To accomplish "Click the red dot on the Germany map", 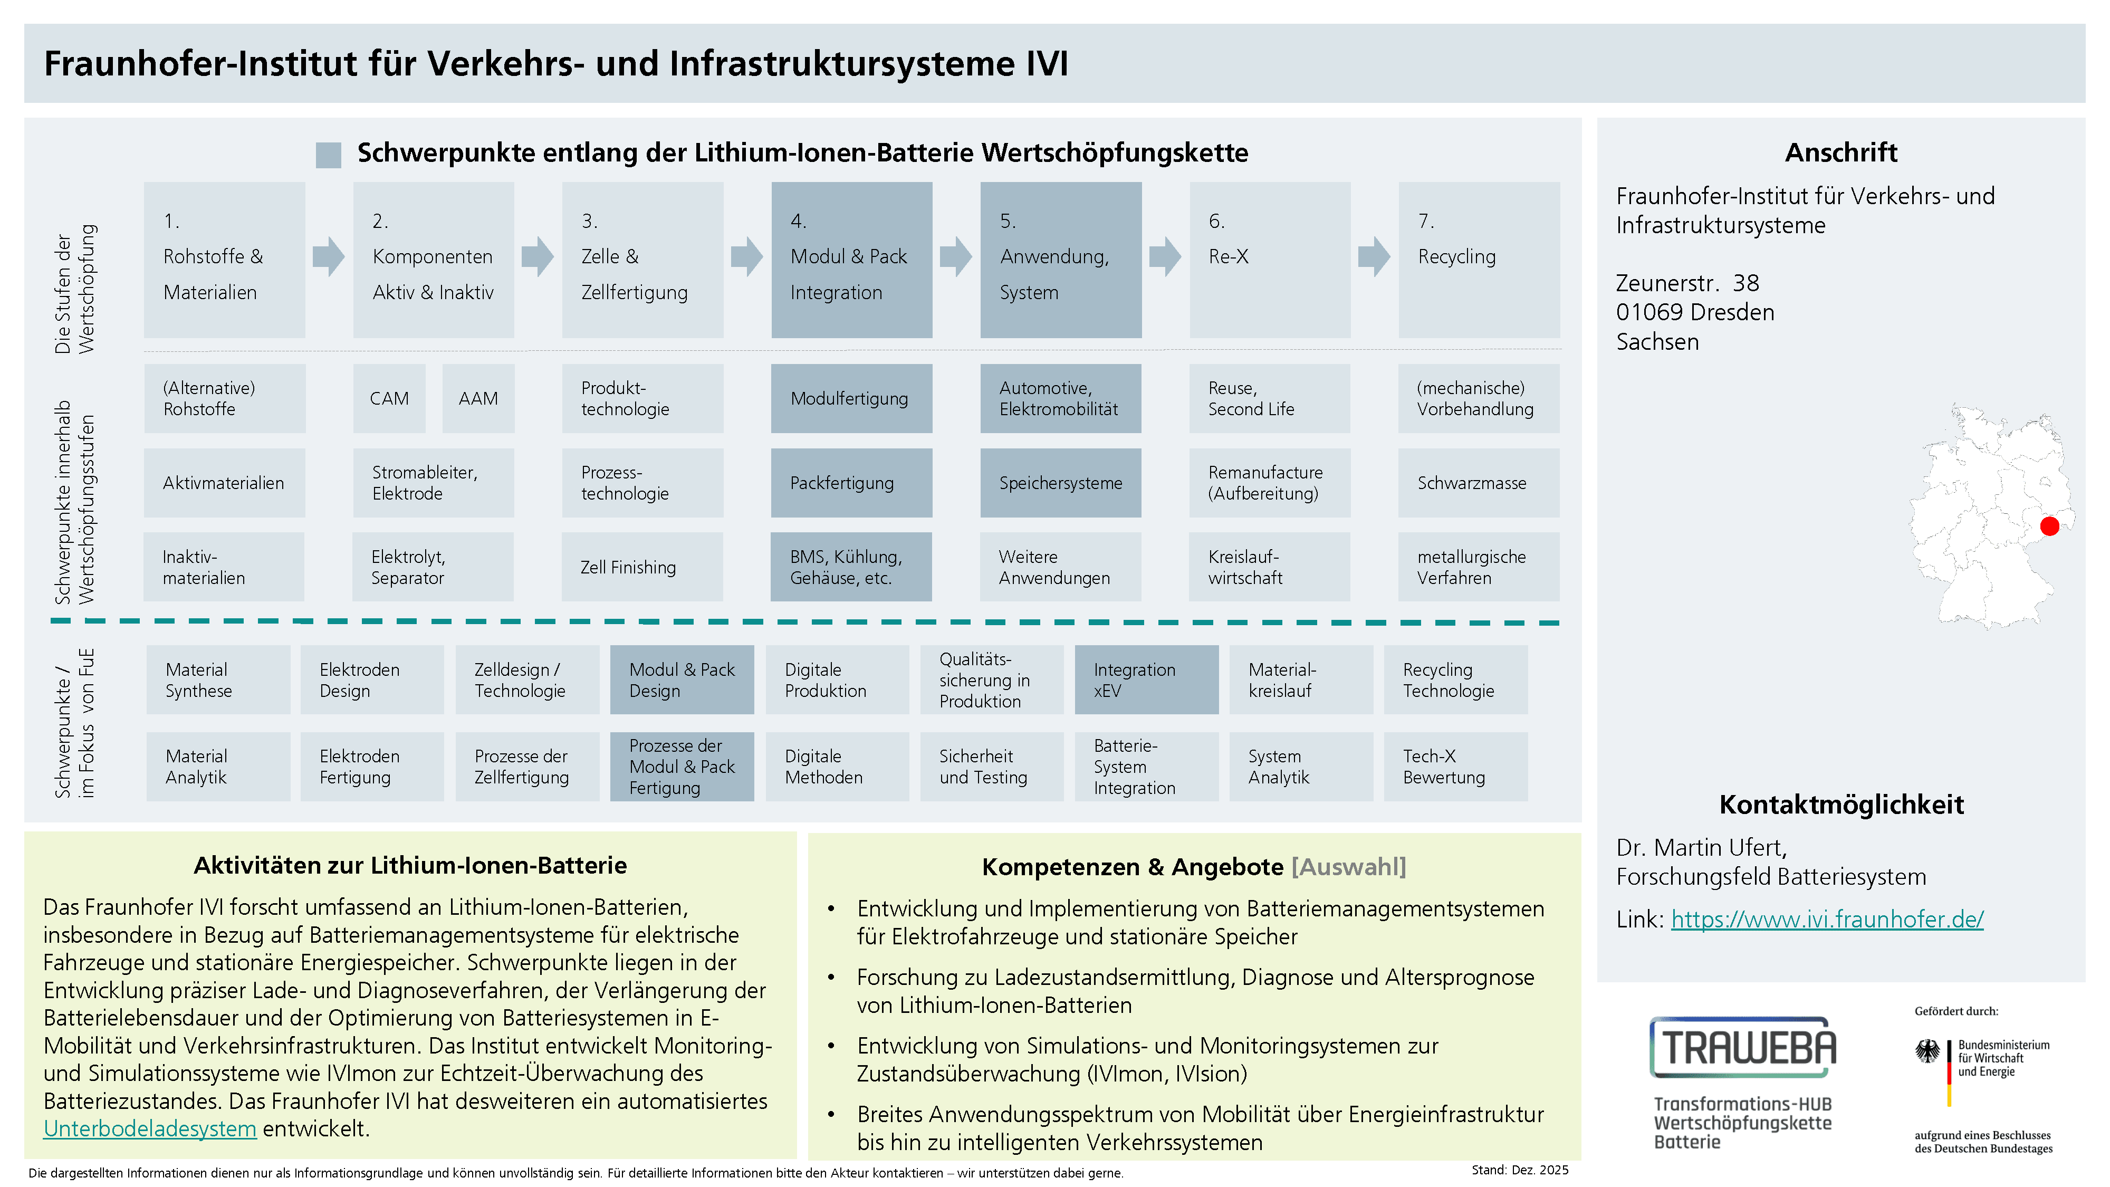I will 2049,526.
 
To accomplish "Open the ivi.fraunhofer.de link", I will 1827,919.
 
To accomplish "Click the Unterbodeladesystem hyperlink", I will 150,1129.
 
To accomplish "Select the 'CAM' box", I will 389,399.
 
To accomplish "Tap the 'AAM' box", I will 478,399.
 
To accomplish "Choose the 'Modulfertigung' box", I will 851,399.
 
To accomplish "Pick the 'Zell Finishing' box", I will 642,567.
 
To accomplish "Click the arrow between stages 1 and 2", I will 329,256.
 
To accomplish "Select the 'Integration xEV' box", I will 1146,680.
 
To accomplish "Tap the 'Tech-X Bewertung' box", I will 1455,767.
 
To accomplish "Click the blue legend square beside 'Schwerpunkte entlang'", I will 329,155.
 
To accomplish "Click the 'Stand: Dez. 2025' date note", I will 1519,1170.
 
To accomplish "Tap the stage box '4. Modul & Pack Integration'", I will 851,260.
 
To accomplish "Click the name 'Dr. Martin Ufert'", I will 1701,847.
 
